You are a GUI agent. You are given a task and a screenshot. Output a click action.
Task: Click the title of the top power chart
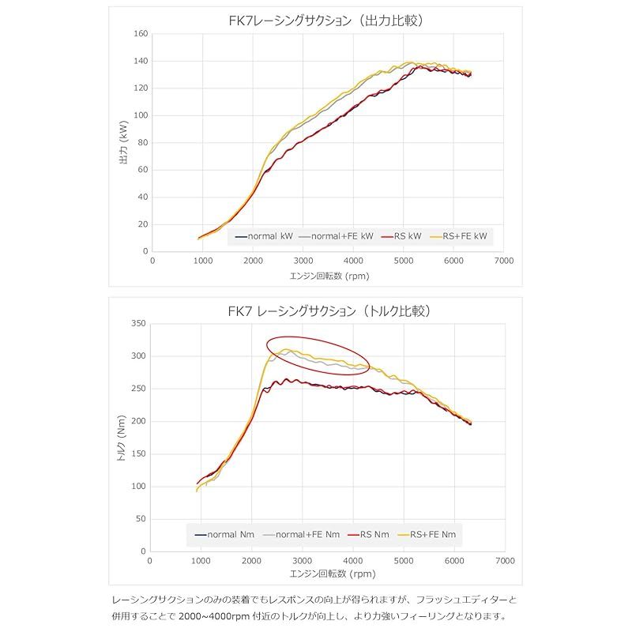(323, 21)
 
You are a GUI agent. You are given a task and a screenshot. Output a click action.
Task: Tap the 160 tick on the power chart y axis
(141, 34)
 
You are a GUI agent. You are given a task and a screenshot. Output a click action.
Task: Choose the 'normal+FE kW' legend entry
(335, 236)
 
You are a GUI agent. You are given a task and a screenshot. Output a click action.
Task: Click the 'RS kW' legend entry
(402, 236)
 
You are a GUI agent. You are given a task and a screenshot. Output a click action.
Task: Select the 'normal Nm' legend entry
(228, 535)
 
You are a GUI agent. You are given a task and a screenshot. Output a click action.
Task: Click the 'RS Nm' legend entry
(371, 535)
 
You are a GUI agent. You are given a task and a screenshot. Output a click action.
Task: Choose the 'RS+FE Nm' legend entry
(430, 535)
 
